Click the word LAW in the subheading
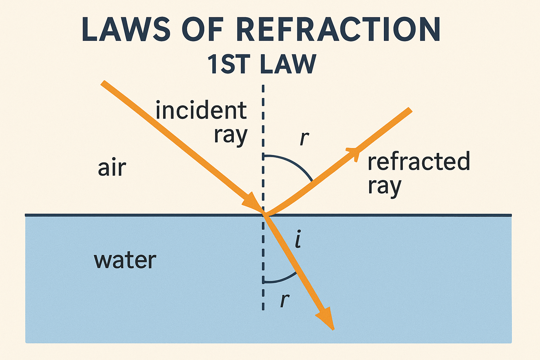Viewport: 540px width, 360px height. pyautogui.click(x=288, y=64)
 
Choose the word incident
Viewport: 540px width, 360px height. pyautogui.click(x=201, y=110)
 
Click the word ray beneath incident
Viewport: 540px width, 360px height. pyautogui.click(x=231, y=136)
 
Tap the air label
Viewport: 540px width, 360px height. pyautogui.click(x=112, y=168)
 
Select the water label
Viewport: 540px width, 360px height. pyautogui.click(x=125, y=261)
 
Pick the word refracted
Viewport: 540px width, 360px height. pyautogui.click(x=419, y=161)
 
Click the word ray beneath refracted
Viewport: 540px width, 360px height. pyautogui.click(x=384, y=187)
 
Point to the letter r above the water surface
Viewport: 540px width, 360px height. pyautogui.click(x=304, y=139)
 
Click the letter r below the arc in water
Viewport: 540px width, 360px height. pyautogui.click(x=284, y=301)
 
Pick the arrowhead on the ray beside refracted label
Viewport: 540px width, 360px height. pyautogui.click(x=354, y=153)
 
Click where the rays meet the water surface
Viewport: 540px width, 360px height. pyautogui.click(x=264, y=214)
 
